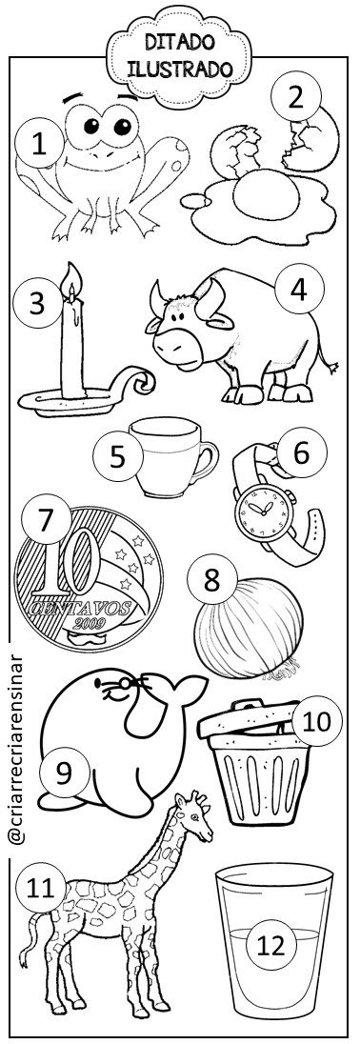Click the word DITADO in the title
click(180, 43)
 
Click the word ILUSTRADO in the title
click(180, 70)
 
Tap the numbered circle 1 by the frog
click(40, 143)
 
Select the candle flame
click(71, 277)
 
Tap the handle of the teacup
click(206, 460)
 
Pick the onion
click(249, 628)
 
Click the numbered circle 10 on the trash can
click(317, 720)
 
